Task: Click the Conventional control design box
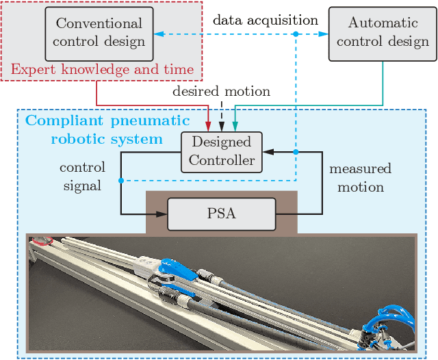[101, 33]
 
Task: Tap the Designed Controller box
[222, 152]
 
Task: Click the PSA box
[221, 214]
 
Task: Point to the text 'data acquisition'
[266, 20]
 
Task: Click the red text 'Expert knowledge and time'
[101, 69]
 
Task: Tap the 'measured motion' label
[360, 177]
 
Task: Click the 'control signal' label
[82, 176]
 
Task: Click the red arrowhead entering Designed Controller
[209, 126]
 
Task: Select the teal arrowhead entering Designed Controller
[235, 126]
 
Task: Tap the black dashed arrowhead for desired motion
[222, 126]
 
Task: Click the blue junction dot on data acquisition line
[295, 34]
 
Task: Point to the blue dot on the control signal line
[121, 181]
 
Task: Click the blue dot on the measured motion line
[295, 152]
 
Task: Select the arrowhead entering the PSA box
[162, 214]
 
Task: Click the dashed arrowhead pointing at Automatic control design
[323, 34]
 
